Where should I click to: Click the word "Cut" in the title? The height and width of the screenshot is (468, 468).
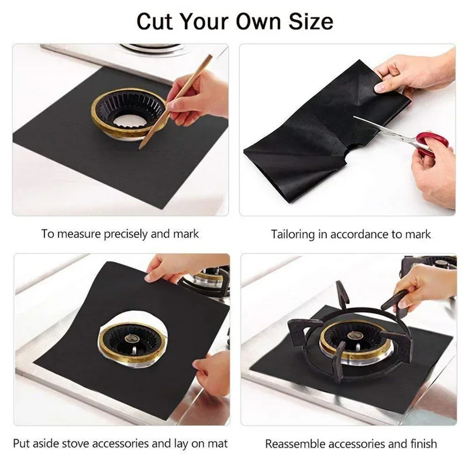pyautogui.click(x=156, y=21)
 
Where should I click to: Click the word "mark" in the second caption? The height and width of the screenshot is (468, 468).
pyautogui.click(x=418, y=235)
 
